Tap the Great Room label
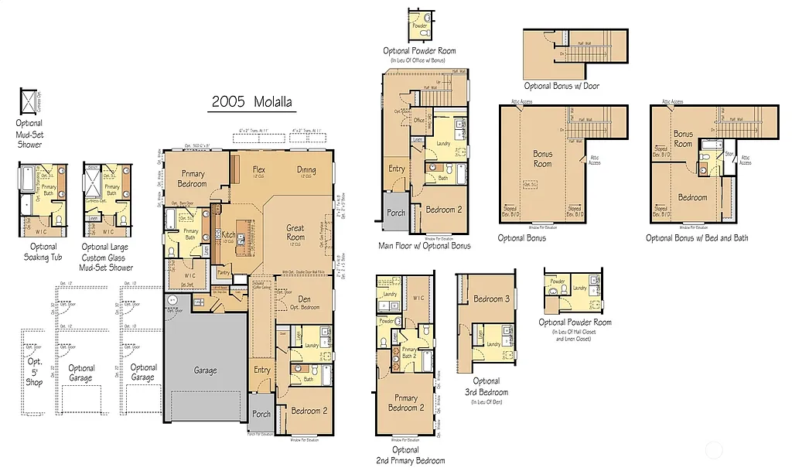click(295, 232)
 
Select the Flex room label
click(259, 169)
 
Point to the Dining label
click(306, 169)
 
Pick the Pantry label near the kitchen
click(226, 272)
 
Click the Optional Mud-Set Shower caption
click(30, 133)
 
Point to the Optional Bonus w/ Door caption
click(562, 86)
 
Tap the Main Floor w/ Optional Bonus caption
click(425, 246)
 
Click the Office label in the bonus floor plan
click(418, 121)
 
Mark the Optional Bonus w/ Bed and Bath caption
click(697, 238)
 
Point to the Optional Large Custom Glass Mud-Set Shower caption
click(108, 257)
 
